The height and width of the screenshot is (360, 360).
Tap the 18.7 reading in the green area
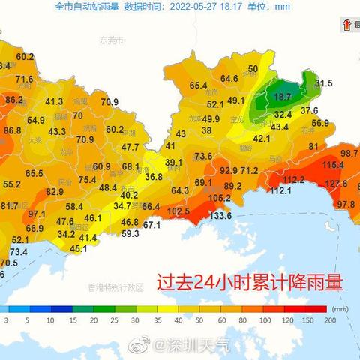283,97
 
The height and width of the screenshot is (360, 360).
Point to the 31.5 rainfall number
323,83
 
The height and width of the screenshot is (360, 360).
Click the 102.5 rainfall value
178,212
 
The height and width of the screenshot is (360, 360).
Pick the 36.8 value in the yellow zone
153,177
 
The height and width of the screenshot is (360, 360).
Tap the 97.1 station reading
37,214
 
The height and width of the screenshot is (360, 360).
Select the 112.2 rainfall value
293,180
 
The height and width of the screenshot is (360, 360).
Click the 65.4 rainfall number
198,86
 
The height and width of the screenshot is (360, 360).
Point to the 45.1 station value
78,248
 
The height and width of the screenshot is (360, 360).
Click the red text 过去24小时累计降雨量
249,283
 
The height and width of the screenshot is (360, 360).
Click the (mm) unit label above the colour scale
341,307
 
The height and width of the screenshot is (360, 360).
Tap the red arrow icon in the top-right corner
347,25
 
